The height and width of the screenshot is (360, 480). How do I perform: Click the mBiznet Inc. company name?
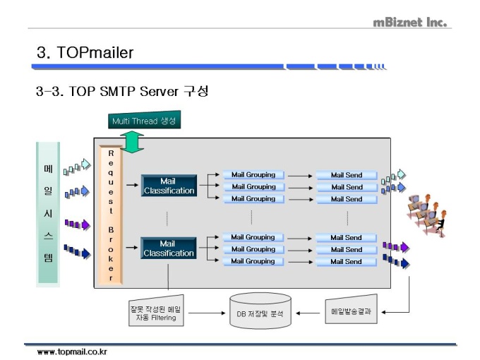[410, 22]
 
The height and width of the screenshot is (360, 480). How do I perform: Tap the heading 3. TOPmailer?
[85, 53]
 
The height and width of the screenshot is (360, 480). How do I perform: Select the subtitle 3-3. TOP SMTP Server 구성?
[121, 92]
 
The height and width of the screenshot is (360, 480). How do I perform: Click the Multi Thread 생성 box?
[144, 121]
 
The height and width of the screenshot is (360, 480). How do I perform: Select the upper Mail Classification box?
[167, 186]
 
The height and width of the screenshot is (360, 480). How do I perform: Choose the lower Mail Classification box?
[167, 248]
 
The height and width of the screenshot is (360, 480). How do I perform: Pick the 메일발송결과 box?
[351, 311]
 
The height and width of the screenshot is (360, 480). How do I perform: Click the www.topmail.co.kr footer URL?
[72, 351]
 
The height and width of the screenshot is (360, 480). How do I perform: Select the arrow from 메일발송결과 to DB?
[308, 311]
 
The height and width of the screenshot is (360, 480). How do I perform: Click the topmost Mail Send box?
[346, 175]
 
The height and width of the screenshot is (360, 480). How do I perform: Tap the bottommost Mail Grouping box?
[253, 261]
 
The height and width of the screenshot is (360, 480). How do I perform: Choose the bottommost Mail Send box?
[346, 261]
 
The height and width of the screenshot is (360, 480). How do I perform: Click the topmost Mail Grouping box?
[253, 175]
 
